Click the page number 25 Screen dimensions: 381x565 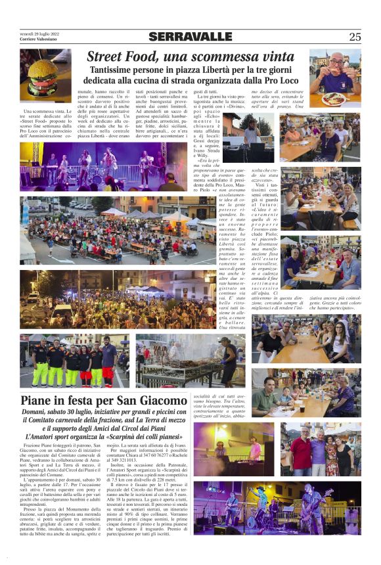(x=355, y=37)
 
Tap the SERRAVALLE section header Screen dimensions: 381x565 (x=190, y=37)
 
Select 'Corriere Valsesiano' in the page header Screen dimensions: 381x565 (x=39, y=39)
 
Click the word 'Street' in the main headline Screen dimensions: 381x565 (x=105, y=57)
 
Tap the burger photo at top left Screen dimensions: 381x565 (x=45, y=78)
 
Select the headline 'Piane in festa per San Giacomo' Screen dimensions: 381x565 (x=103, y=399)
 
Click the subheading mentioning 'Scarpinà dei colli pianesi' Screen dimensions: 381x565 (x=103, y=436)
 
